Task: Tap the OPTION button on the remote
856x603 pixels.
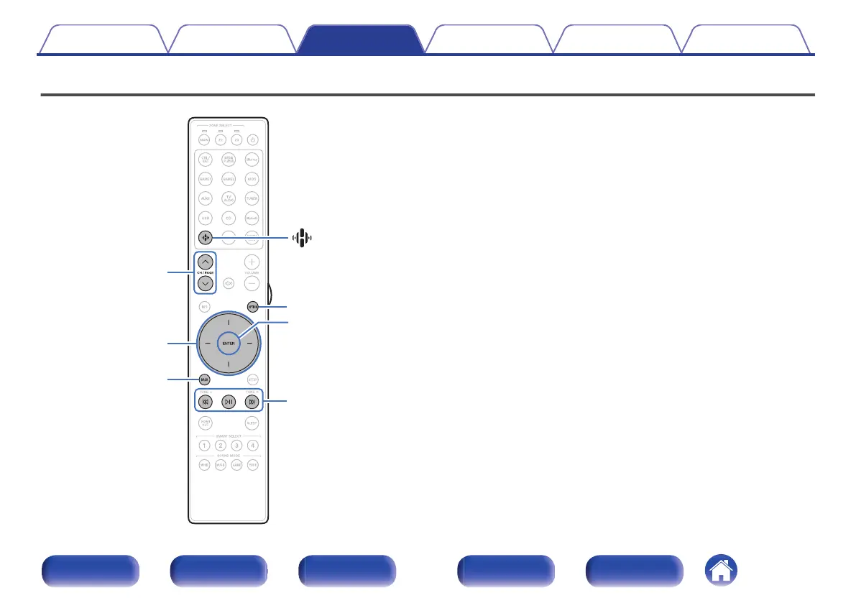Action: tap(252, 306)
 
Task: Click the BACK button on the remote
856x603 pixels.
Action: tap(205, 379)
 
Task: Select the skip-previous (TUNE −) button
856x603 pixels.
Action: tap(205, 402)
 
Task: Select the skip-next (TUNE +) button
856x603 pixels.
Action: tap(252, 402)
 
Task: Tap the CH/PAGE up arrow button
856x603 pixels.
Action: tap(205, 261)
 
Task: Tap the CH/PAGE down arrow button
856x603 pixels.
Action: tap(205, 283)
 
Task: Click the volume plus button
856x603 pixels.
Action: tap(252, 261)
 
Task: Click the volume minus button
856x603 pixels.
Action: tap(252, 283)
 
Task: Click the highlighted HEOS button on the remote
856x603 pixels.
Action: tap(205, 239)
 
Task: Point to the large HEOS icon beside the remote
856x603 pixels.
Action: tap(303, 239)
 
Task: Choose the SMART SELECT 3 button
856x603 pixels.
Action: tap(236, 446)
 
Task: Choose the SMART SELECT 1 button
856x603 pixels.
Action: tap(205, 446)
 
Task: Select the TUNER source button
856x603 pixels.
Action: tap(252, 198)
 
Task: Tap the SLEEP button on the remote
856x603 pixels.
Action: tap(252, 423)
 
